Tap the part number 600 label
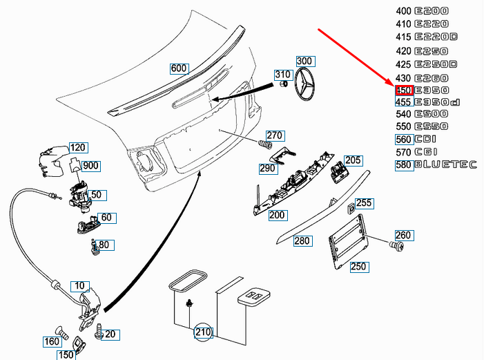coord(179,68)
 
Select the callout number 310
coord(283,74)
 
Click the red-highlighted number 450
coord(404,91)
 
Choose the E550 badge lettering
coord(432,126)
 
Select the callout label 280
coord(302,241)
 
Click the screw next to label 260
coord(396,246)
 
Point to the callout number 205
coord(353,160)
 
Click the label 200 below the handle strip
coord(277,215)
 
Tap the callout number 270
coord(275,135)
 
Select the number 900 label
coord(90,166)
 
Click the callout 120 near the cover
coord(78,148)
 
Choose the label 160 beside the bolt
coord(52,341)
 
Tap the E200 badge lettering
coord(432,11)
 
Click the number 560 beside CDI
coord(403,140)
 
